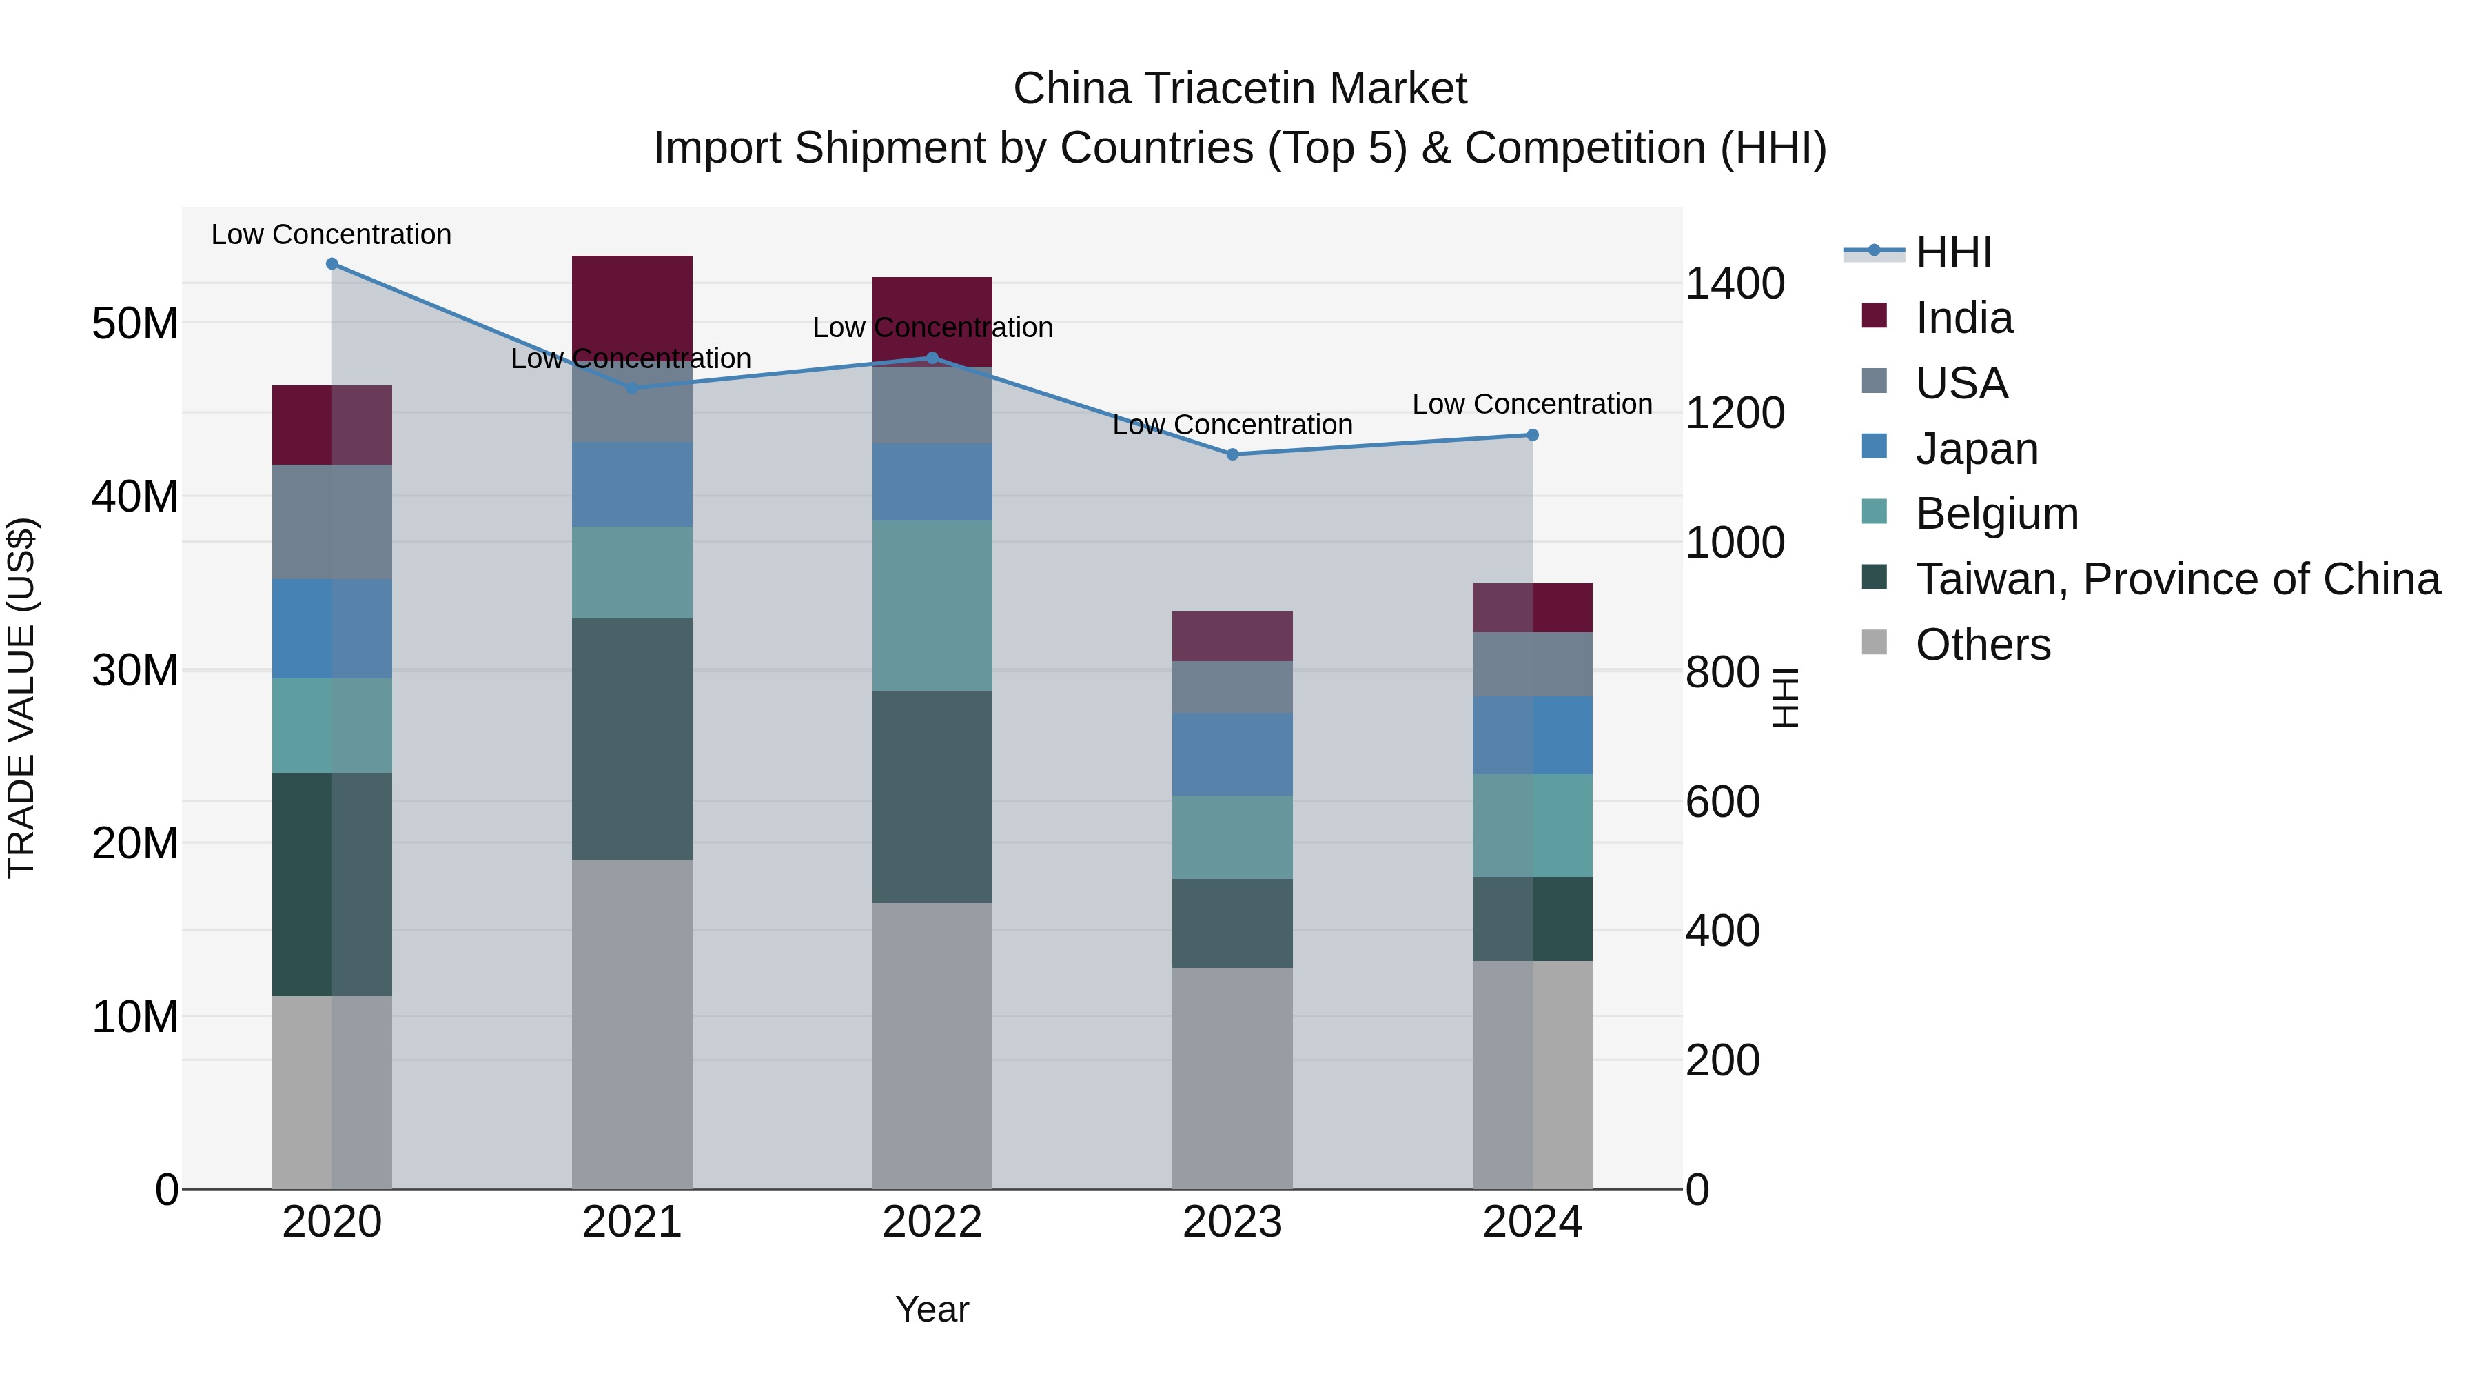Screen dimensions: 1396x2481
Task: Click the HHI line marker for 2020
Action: click(331, 263)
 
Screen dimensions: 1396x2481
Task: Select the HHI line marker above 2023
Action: click(1232, 454)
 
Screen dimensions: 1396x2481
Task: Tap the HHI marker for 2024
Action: click(1532, 434)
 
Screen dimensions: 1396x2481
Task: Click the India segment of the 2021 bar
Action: click(632, 303)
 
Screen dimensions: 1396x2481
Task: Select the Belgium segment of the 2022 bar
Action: click(931, 605)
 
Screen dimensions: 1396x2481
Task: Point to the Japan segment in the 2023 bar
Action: click(1232, 753)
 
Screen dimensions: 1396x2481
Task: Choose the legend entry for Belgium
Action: click(1996, 514)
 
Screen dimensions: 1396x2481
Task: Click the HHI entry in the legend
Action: click(1953, 252)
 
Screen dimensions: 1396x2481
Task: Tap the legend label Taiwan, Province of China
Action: click(2176, 579)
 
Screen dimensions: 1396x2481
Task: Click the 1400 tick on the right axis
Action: click(1735, 283)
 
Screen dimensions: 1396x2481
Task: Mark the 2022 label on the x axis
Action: click(931, 1222)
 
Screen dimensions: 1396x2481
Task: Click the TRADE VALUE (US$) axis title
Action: click(21, 698)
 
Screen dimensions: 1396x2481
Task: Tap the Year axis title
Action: click(931, 1308)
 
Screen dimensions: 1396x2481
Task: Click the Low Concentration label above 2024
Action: click(1531, 404)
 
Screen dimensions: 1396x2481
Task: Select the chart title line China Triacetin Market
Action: click(1240, 89)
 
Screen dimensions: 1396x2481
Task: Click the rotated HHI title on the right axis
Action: click(1785, 698)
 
